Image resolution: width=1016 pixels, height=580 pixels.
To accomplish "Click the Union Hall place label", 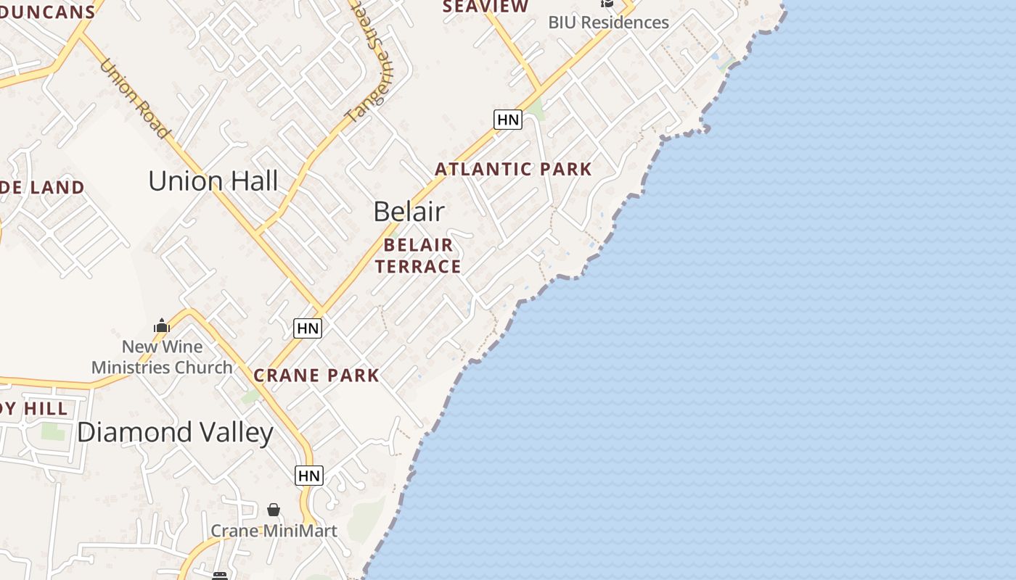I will click(213, 181).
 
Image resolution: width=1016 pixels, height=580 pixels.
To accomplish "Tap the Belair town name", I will click(409, 211).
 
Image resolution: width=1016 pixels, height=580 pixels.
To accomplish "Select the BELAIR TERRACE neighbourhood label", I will click(418, 256).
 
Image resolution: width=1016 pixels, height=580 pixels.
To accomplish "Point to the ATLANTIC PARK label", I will click(513, 170).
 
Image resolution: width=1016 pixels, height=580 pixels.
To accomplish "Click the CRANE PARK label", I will click(316, 376).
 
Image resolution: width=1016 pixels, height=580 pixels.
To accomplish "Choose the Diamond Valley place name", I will click(175, 433).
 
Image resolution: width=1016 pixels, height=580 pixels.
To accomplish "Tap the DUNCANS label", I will click(48, 12).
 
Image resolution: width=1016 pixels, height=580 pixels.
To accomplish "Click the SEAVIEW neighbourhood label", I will click(486, 7).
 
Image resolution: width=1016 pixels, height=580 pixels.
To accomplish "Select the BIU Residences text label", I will click(608, 22).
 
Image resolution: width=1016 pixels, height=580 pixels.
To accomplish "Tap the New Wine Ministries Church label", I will click(162, 357).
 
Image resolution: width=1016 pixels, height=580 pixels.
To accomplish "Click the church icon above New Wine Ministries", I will click(162, 326).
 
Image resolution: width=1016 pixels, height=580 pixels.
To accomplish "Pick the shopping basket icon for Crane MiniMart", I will click(274, 510).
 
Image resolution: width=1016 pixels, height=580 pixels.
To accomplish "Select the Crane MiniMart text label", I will click(274, 531).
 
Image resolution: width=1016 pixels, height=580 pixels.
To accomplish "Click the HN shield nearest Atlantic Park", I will click(507, 120).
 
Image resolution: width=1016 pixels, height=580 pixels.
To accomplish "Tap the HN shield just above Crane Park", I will click(308, 328).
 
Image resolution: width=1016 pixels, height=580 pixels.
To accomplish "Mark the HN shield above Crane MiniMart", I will click(309, 476).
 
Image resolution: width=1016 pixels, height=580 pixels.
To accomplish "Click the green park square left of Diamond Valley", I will click(52, 430).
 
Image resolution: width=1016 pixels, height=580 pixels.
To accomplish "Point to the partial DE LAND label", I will click(42, 188).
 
